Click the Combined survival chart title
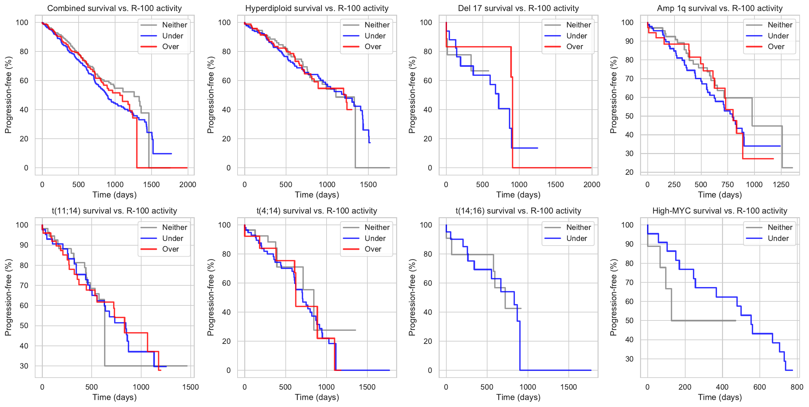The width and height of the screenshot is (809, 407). coord(114,8)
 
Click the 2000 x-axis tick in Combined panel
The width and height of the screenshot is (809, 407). coord(188,185)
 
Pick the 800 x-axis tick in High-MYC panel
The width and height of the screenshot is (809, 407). coord(797,387)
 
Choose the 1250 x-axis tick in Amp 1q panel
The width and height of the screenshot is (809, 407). coord(781,185)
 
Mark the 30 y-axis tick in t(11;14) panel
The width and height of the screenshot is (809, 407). coord(24,366)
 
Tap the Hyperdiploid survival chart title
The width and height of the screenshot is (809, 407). coord(317,8)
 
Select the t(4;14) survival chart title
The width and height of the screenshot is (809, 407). coord(317,211)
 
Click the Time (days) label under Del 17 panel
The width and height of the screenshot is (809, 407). coord(518,195)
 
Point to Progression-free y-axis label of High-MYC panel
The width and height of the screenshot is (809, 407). coord(613,297)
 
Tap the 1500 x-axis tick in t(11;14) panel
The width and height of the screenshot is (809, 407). coord(190,387)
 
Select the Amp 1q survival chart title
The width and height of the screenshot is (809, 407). coord(720,8)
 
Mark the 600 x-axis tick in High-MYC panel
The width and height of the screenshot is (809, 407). coord(759,387)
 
